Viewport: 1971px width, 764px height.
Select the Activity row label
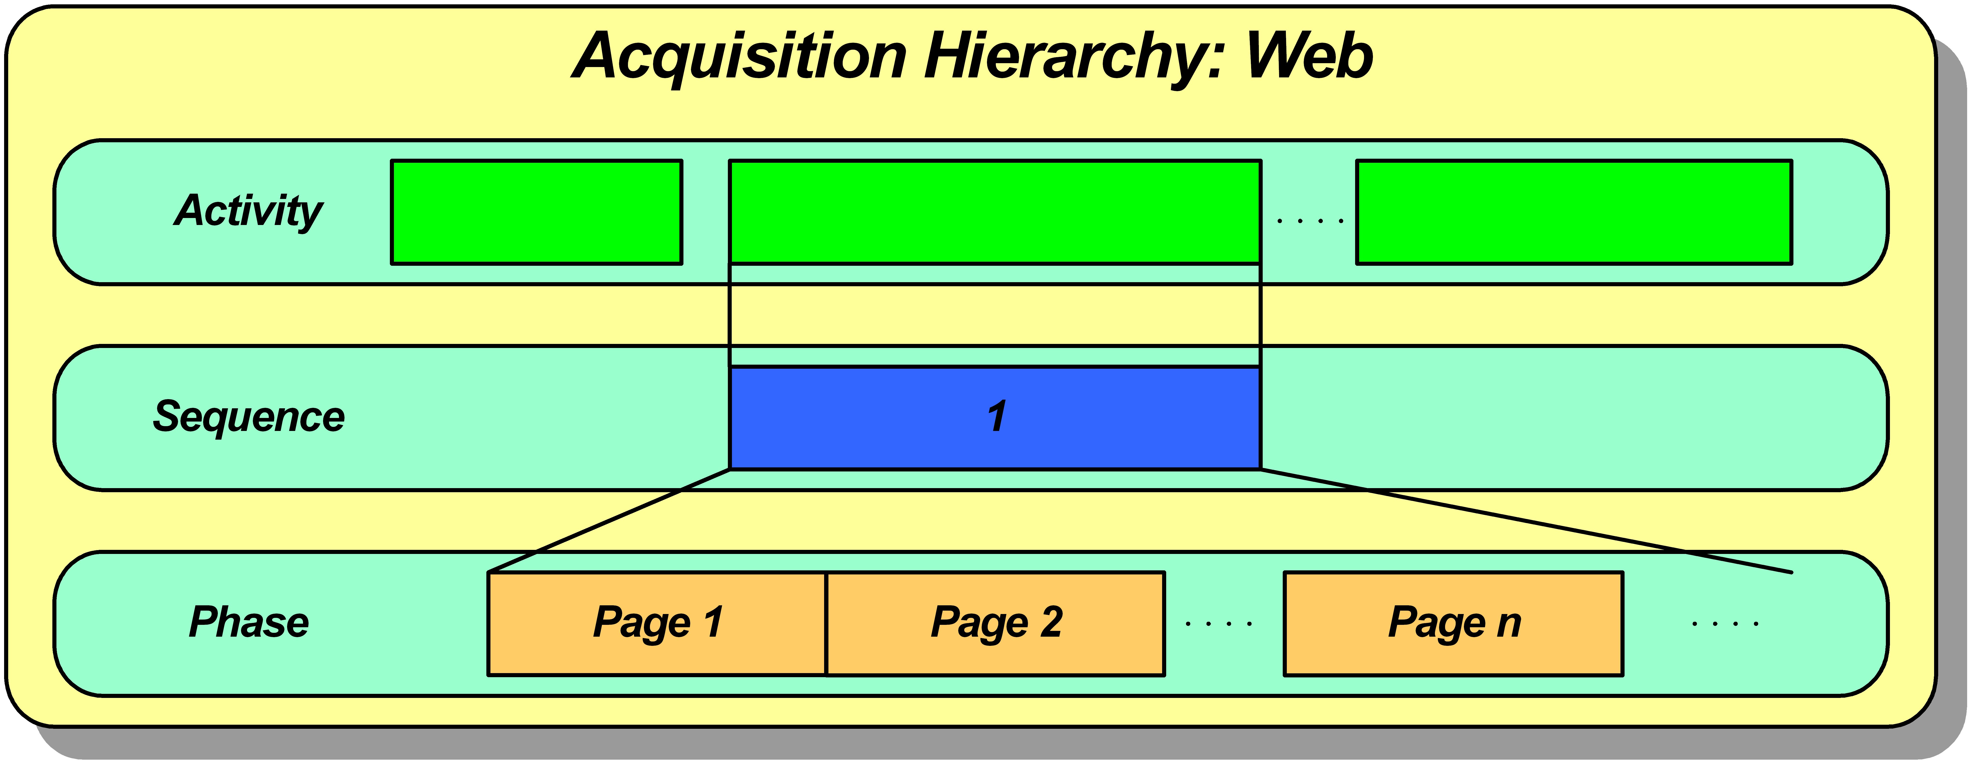pyautogui.click(x=249, y=211)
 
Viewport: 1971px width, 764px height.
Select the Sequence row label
pyautogui.click(x=249, y=417)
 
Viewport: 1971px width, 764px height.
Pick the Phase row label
pyautogui.click(x=249, y=622)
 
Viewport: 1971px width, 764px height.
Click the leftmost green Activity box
pyautogui.click(x=536, y=212)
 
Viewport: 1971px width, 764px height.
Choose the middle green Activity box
pyautogui.click(x=995, y=212)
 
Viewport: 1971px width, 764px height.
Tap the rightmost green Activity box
pyautogui.click(x=1574, y=212)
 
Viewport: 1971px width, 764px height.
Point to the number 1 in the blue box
pyautogui.click(x=996, y=417)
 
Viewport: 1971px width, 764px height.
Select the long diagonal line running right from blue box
pyautogui.click(x=1526, y=520)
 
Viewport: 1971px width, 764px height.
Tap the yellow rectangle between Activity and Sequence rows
pyautogui.click(x=995, y=315)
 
